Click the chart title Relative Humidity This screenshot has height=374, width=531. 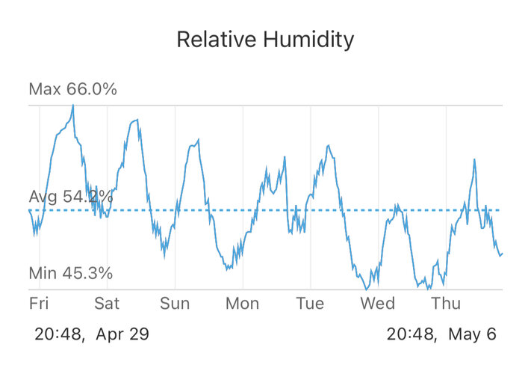coord(265,39)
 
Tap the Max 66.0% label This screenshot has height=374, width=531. coord(72,90)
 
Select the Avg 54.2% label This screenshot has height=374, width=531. coord(71,197)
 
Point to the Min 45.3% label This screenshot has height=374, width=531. coord(70,273)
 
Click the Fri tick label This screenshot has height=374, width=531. coord(39,303)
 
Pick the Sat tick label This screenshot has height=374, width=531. coord(107,303)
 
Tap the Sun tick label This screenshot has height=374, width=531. coord(175,303)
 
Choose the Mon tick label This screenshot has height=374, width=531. coord(243,303)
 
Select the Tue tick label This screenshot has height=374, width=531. coord(310,303)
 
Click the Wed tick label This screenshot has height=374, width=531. coord(378,303)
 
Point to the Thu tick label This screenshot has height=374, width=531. coord(446,303)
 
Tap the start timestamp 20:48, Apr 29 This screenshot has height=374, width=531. coord(92,334)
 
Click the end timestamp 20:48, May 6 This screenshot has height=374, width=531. coord(441,334)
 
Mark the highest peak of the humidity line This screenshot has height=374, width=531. coord(72,105)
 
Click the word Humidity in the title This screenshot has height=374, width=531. coord(308,39)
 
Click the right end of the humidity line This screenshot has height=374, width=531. coord(502,254)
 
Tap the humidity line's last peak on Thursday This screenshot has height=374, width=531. coord(475,159)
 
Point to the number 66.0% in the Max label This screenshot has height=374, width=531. coord(92,90)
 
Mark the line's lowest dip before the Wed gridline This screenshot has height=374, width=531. coord(366,288)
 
